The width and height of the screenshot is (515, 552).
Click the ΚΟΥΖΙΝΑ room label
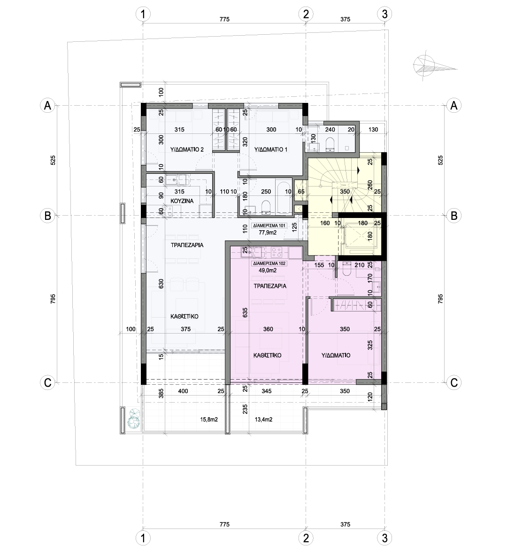(x=182, y=201)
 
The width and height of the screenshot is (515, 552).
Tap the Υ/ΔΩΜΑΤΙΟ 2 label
(x=187, y=149)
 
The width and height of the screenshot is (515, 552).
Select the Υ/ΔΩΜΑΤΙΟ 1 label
(x=271, y=149)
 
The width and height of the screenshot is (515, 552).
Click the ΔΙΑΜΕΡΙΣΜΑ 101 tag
(x=269, y=225)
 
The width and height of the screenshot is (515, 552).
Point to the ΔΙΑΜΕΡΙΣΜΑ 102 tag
(x=269, y=264)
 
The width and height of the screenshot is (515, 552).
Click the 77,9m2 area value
(x=268, y=233)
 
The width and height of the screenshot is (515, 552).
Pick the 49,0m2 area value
(x=268, y=271)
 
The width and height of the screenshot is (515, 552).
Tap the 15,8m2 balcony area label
(x=209, y=420)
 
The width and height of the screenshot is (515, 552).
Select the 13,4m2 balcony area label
(x=263, y=420)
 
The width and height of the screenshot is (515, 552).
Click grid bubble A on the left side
(x=47, y=105)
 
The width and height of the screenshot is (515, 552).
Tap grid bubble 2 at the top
(x=306, y=14)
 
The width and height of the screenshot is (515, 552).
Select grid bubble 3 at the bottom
(x=384, y=538)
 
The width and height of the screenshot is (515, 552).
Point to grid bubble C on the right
(x=454, y=382)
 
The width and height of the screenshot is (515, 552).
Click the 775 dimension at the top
(x=224, y=19)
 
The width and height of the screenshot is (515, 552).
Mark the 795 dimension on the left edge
(x=53, y=299)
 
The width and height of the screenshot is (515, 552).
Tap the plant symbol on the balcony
(x=134, y=419)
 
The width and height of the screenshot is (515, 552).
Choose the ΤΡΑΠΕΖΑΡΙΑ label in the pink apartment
(x=270, y=286)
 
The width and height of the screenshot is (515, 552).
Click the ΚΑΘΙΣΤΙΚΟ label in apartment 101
(x=184, y=317)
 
